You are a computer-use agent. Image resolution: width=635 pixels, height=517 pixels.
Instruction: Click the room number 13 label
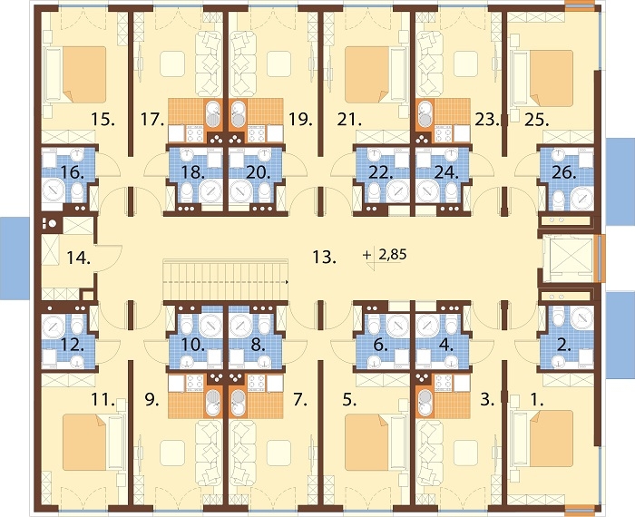325,257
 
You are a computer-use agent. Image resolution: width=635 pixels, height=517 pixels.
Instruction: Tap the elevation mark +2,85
385,255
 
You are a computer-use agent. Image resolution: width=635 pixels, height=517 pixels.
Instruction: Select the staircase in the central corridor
226,279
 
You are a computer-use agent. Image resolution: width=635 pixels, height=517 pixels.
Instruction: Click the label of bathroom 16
72,173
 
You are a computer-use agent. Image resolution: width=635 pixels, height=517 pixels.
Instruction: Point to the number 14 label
78,258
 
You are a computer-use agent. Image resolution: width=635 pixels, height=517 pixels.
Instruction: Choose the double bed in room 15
75,74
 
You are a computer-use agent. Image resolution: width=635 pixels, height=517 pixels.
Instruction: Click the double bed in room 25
542,78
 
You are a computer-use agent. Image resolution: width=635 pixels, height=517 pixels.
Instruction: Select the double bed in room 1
542,438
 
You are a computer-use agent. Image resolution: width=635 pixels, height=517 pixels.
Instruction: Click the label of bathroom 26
564,173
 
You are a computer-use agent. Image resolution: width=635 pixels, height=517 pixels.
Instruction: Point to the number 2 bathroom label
564,346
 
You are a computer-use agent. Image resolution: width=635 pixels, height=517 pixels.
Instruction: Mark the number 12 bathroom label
72,346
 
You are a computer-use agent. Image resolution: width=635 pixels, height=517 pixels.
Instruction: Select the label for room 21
348,120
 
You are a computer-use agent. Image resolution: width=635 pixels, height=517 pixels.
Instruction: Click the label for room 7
300,400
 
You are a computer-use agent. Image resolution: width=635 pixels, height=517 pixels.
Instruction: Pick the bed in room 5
376,442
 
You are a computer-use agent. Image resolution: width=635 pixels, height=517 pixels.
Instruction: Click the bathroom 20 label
259,173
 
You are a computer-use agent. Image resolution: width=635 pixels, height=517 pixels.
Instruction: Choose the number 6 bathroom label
379,346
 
